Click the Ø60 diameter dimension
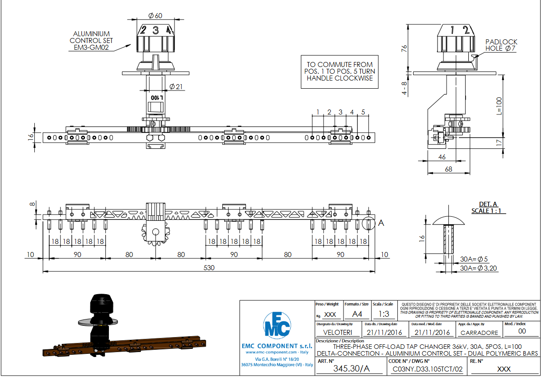click(x=155, y=16)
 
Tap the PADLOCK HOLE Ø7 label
click(x=501, y=45)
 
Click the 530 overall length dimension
click(x=208, y=268)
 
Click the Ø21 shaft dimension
click(x=176, y=87)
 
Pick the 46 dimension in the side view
click(x=442, y=157)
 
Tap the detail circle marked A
click(x=368, y=224)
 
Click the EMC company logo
click(x=277, y=324)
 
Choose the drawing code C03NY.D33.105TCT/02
click(x=428, y=369)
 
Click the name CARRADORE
click(x=479, y=333)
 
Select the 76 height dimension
click(x=405, y=48)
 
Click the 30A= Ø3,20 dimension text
click(x=478, y=268)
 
